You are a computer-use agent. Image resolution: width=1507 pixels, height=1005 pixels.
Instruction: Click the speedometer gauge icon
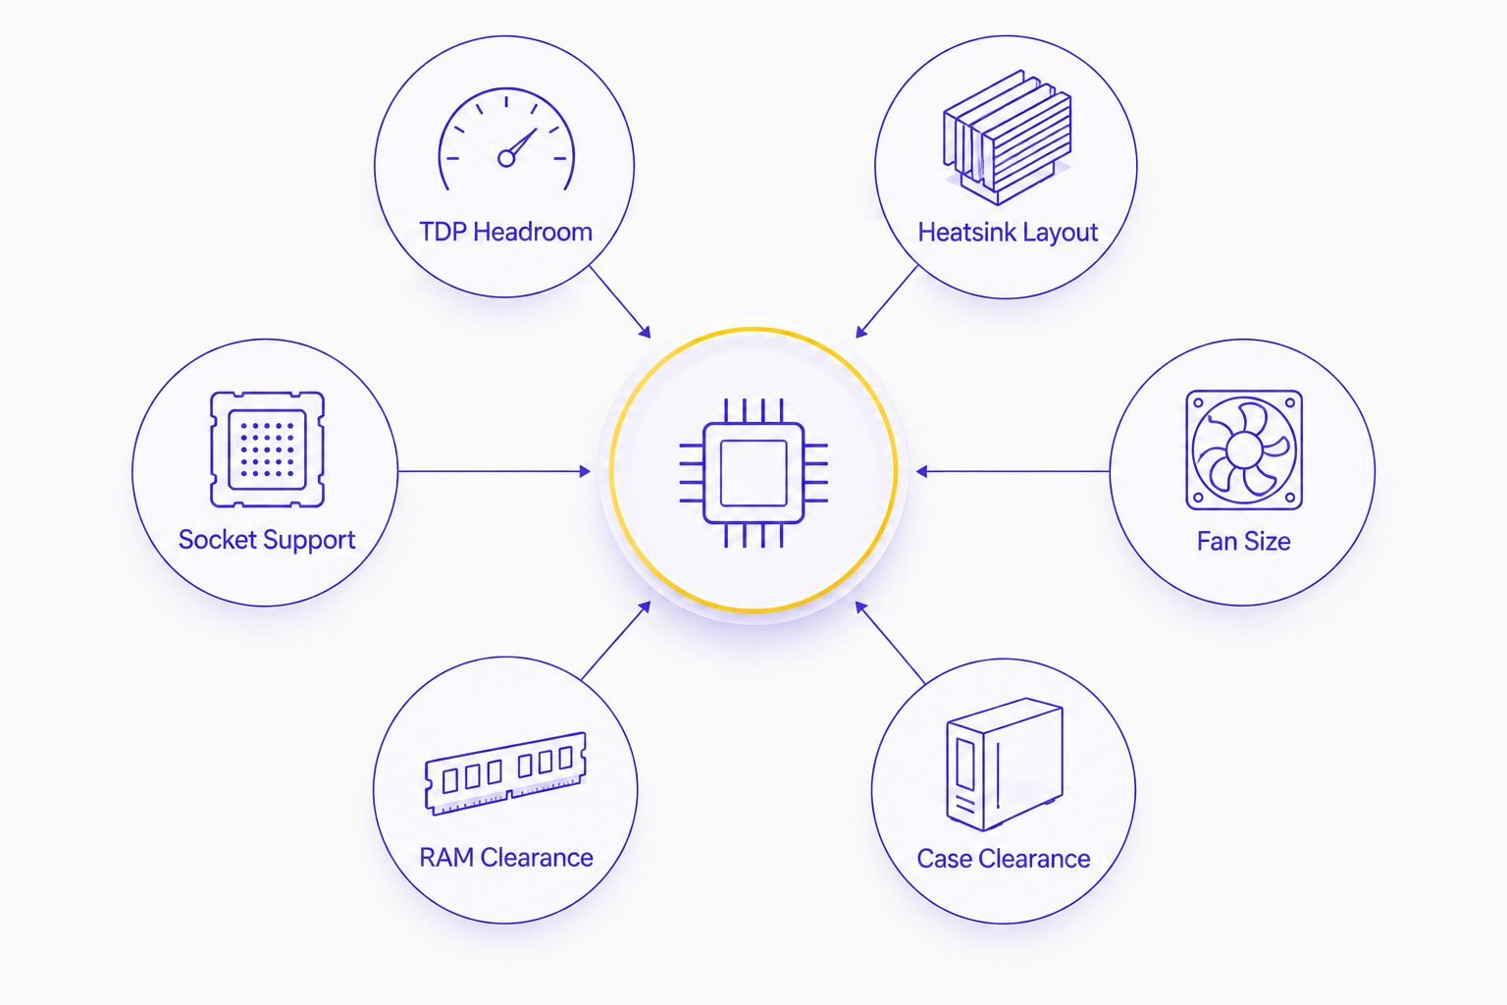(506, 139)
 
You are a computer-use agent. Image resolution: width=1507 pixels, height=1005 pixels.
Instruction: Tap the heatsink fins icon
(1008, 137)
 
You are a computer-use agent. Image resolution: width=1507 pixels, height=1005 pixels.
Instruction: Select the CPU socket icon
(267, 449)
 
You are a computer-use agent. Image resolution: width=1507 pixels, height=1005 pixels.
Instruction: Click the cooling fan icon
(1244, 450)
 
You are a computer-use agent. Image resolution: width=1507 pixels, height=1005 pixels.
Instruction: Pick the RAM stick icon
(505, 773)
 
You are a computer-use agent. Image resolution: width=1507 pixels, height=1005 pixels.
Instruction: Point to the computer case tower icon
(1005, 764)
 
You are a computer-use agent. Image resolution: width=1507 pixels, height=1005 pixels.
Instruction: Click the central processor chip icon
(753, 472)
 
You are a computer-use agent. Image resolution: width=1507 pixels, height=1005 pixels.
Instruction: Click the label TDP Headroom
(506, 233)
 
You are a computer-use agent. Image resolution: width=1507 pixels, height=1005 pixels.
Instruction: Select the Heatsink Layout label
(1008, 233)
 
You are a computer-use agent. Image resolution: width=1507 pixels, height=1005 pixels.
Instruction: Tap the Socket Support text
(267, 540)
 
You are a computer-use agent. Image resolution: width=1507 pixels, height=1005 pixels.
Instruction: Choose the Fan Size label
(1243, 541)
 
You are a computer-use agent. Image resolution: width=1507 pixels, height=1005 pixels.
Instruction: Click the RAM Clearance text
(506, 858)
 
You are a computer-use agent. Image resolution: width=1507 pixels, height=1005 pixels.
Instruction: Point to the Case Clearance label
(1003, 859)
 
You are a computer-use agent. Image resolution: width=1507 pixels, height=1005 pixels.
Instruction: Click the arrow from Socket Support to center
(494, 472)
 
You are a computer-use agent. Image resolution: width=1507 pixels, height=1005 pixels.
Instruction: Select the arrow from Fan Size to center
(1013, 472)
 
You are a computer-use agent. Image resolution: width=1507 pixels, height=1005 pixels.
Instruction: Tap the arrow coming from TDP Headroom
(620, 301)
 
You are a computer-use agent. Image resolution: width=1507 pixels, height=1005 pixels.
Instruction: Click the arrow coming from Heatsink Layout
(887, 301)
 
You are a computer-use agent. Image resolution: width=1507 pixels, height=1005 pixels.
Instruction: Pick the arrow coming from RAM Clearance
(616, 640)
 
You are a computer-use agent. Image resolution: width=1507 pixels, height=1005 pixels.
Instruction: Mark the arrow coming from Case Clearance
(890, 643)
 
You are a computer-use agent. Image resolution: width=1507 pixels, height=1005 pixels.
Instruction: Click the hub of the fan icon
(1244, 450)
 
